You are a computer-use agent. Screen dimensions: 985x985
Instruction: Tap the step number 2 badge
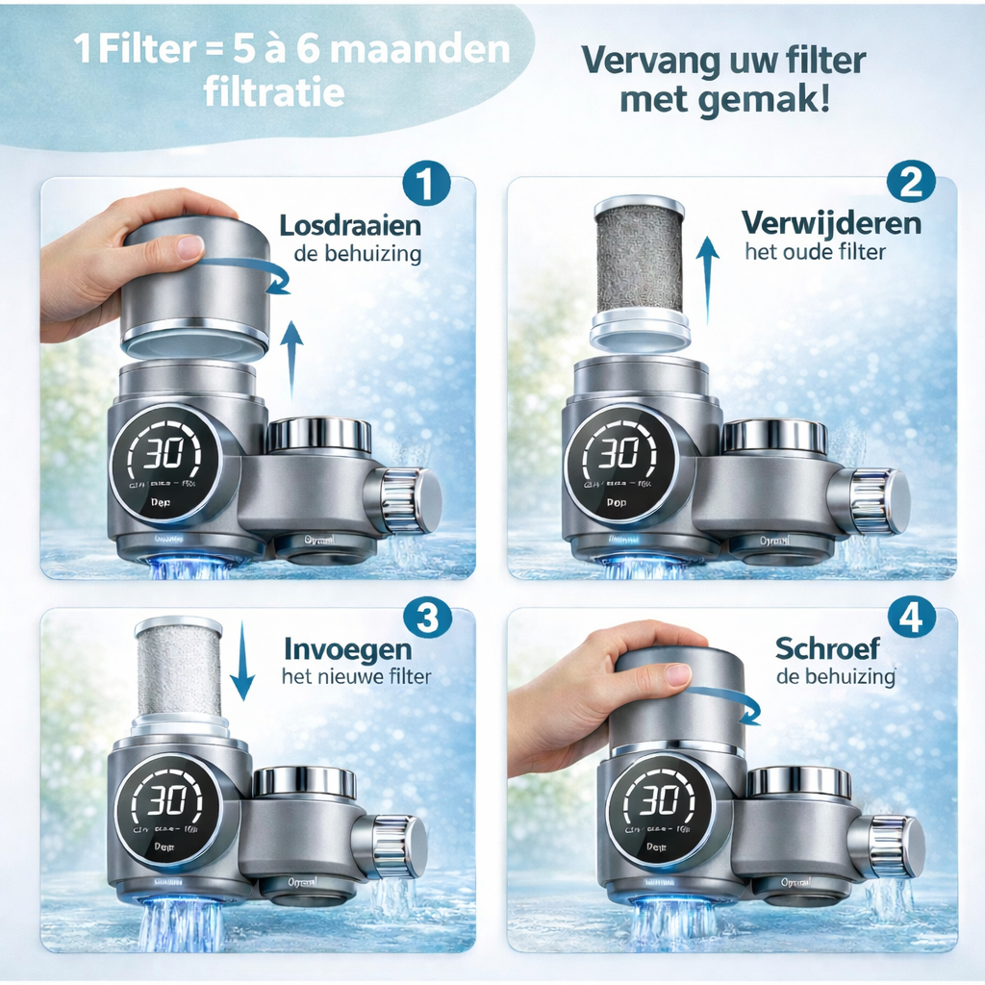click(909, 182)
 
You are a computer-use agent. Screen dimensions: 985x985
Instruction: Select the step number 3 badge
click(428, 618)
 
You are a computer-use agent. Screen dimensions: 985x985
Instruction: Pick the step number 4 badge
click(910, 618)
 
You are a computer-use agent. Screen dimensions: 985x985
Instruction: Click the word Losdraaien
click(350, 227)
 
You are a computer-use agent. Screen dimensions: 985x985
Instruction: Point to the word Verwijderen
click(831, 224)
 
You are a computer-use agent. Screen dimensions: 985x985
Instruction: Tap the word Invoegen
click(347, 648)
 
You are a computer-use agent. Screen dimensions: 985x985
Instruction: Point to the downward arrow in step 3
click(242, 660)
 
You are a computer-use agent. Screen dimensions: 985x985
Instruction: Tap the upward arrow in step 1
click(292, 358)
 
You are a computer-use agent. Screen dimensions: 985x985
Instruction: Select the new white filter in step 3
click(178, 669)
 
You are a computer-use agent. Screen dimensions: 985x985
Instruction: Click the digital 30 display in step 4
click(660, 800)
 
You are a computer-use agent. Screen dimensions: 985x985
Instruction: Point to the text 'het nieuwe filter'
click(356, 676)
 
